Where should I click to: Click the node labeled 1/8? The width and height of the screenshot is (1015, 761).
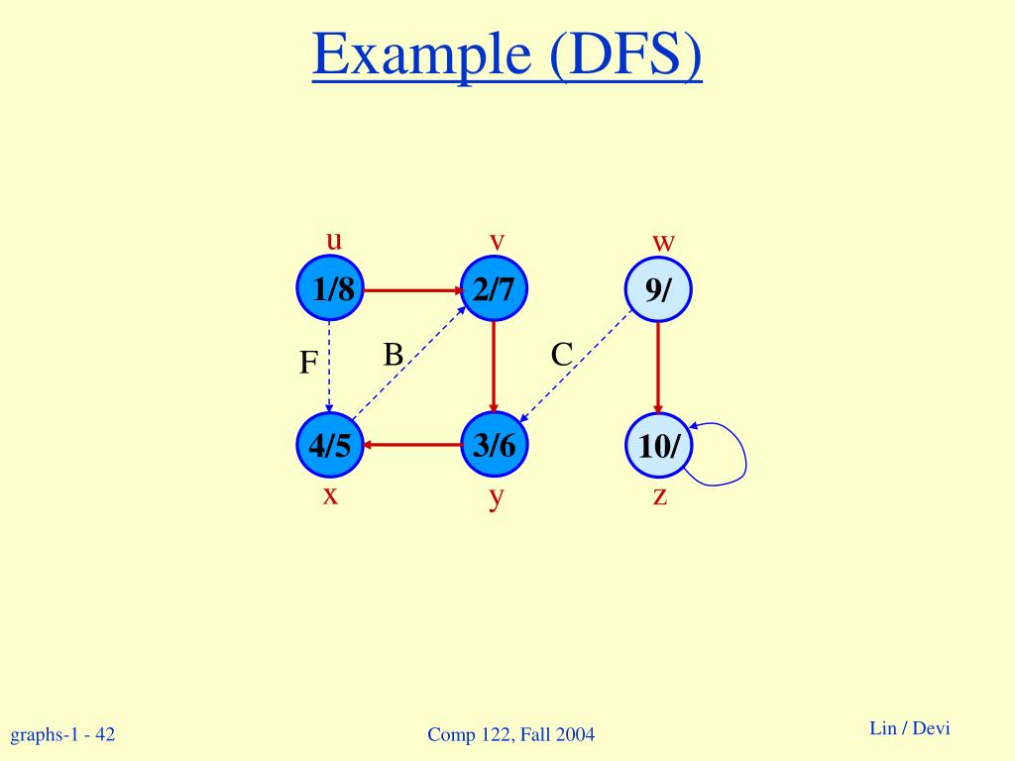(x=329, y=290)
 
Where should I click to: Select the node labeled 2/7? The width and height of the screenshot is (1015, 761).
(x=494, y=290)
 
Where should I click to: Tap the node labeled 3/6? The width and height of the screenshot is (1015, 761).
(x=494, y=445)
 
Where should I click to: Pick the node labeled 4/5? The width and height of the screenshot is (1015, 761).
(x=329, y=445)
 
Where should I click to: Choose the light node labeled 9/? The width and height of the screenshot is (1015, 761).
(x=658, y=290)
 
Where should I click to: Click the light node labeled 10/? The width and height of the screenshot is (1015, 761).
(x=658, y=445)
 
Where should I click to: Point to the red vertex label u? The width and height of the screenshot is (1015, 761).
(x=334, y=240)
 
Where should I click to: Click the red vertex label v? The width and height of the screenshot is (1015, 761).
(x=497, y=241)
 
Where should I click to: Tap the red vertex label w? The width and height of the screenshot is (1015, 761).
(x=663, y=242)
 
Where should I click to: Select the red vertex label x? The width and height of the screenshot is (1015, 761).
(x=330, y=494)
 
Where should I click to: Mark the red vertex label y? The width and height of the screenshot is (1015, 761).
(x=496, y=496)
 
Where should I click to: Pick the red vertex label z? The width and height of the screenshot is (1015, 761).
(x=660, y=494)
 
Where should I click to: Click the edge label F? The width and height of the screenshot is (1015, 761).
(x=308, y=365)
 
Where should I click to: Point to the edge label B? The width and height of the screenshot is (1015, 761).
(x=394, y=355)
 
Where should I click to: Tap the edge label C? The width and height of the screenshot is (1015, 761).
(x=562, y=355)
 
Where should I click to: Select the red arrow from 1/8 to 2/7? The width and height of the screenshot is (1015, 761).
(x=411, y=290)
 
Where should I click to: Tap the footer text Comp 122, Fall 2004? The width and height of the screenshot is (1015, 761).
(x=510, y=734)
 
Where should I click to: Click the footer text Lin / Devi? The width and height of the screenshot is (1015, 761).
(x=909, y=728)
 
